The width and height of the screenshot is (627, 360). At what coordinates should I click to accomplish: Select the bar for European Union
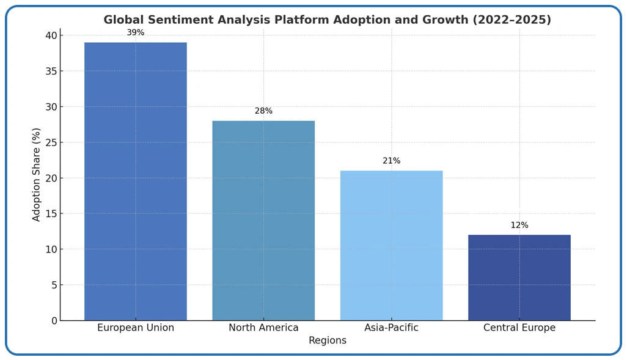(x=136, y=181)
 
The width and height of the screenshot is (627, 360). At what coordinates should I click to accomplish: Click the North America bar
(x=263, y=220)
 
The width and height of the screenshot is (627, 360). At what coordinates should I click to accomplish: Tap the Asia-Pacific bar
(x=391, y=245)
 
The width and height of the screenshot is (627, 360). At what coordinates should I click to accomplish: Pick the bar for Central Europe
(x=519, y=277)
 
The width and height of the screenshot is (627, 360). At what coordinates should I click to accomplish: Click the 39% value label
(x=136, y=33)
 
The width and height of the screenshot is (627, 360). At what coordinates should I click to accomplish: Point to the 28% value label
(x=263, y=111)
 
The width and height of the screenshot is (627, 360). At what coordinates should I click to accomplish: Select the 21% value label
(x=391, y=161)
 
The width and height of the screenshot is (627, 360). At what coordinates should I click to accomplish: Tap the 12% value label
(x=519, y=226)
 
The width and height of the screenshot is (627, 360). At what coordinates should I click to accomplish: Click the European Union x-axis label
(x=136, y=328)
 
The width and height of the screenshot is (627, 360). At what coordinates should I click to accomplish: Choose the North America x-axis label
(x=263, y=328)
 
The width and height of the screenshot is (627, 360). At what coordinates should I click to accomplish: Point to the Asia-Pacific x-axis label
(x=391, y=328)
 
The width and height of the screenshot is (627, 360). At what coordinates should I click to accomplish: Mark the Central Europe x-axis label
(x=519, y=328)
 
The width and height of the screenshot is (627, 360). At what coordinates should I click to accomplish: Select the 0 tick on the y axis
(x=54, y=321)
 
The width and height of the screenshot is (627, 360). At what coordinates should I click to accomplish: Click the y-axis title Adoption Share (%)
(x=37, y=175)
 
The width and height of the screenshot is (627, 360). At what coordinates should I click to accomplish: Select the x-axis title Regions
(x=328, y=341)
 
